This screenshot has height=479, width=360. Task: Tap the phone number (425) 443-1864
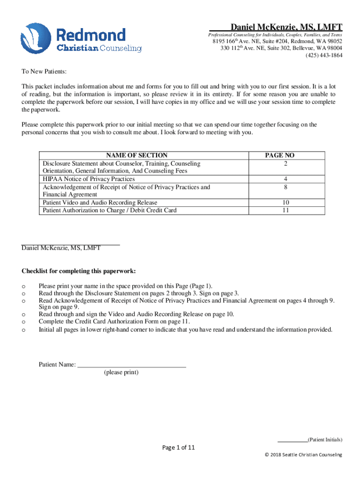tap(324, 55)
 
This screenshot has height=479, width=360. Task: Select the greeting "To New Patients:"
tap(44, 72)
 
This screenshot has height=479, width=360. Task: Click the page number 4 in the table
tap(286, 179)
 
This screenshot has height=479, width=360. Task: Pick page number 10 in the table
tap(286, 203)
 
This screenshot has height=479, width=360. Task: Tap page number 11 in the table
tap(286, 210)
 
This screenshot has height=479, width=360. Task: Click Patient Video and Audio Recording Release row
tap(100, 203)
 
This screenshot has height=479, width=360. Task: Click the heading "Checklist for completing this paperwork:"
tap(79, 271)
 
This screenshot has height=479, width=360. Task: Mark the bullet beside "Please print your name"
tap(24, 286)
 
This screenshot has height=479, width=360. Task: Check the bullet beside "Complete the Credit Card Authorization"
tap(24, 322)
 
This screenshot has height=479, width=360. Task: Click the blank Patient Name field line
tap(131, 365)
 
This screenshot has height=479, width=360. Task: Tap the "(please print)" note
tap(121, 372)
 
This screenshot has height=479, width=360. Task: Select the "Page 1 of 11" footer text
tap(178, 448)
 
